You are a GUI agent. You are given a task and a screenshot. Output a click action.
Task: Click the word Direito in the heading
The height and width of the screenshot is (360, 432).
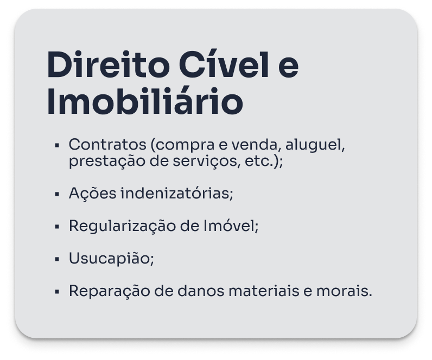pyautogui.click(x=108, y=65)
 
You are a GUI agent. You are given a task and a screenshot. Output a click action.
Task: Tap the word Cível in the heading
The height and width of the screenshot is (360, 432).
pyautogui.click(x=224, y=64)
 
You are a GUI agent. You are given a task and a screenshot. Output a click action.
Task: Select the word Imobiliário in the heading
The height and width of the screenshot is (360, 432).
pyautogui.click(x=145, y=101)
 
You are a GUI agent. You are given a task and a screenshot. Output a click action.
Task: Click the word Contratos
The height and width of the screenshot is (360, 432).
pyautogui.click(x=107, y=144)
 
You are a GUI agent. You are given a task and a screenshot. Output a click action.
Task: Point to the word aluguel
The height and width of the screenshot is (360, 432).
pyautogui.click(x=315, y=145)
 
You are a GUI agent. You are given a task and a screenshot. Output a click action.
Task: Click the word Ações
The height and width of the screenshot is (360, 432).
pyautogui.click(x=93, y=193)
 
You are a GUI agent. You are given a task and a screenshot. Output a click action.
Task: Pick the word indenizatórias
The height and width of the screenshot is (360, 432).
pyautogui.click(x=177, y=192)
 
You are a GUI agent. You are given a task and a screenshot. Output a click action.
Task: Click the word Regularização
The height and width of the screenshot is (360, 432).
pyautogui.click(x=122, y=226)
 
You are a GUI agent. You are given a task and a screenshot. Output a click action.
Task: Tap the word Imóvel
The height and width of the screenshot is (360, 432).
pyautogui.click(x=231, y=226)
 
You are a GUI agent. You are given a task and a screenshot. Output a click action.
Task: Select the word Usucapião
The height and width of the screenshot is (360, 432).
pyautogui.click(x=111, y=259)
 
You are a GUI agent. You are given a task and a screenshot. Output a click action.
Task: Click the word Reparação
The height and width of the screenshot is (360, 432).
pyautogui.click(x=110, y=291)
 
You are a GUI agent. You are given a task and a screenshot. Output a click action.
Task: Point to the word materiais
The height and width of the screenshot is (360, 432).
pyautogui.click(x=264, y=291)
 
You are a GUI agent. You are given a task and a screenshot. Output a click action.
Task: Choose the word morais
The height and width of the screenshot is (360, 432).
pyautogui.click(x=344, y=291)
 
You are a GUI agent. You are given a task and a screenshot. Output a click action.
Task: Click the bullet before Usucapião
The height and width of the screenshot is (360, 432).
pyautogui.click(x=58, y=259)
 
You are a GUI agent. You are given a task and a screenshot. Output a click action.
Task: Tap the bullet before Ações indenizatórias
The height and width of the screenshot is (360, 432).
pyautogui.click(x=58, y=194)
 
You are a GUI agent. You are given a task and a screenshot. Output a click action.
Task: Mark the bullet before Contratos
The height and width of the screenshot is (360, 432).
pyautogui.click(x=58, y=145)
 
